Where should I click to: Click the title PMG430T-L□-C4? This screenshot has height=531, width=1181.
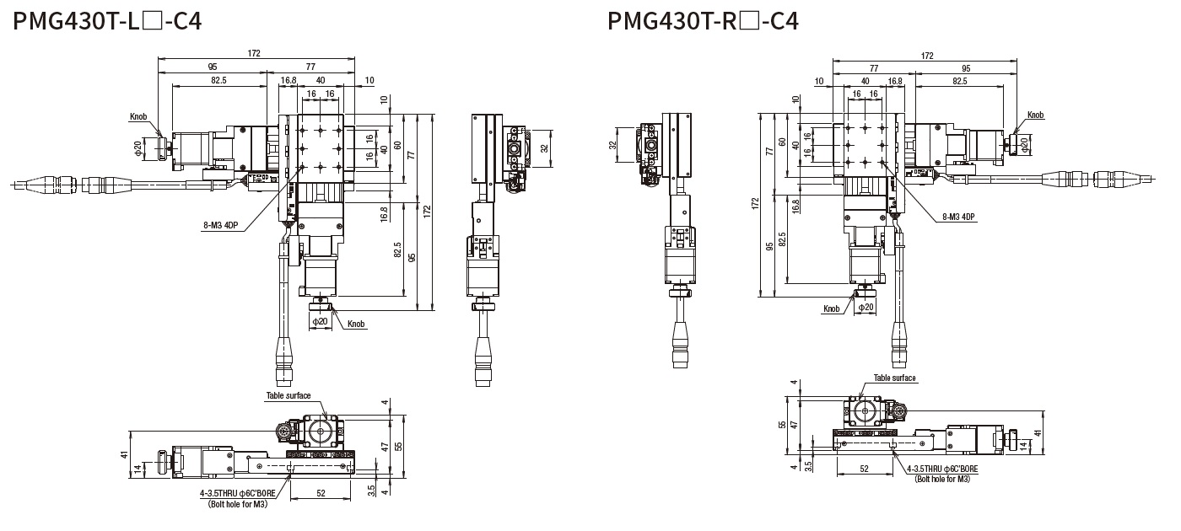click(x=107, y=20)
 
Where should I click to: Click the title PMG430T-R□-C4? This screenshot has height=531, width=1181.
click(x=703, y=20)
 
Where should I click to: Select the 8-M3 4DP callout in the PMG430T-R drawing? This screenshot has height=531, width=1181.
click(x=958, y=217)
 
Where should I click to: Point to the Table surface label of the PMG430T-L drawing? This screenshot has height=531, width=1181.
click(x=289, y=395)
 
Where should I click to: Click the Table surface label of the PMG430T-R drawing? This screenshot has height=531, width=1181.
click(x=894, y=378)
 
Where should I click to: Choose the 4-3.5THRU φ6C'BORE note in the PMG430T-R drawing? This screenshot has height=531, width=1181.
click(x=942, y=469)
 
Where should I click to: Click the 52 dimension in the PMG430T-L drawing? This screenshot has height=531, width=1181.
click(x=321, y=493)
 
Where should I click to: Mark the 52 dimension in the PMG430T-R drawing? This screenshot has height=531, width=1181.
click(x=864, y=468)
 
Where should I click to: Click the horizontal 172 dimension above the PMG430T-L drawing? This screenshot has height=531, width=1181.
click(x=255, y=53)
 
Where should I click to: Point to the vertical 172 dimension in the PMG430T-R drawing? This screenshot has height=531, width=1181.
click(x=755, y=203)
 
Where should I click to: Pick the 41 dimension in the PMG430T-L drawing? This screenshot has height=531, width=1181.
click(x=124, y=454)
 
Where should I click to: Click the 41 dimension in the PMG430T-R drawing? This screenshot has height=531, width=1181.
click(x=1038, y=433)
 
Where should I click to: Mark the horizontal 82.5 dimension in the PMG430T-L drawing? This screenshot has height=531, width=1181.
click(x=218, y=80)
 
